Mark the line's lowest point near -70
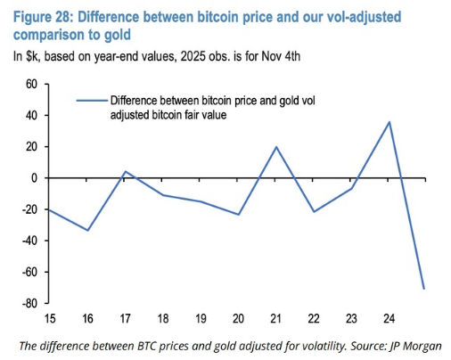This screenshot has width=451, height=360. point(424,288)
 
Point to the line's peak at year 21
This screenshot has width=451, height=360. point(275,147)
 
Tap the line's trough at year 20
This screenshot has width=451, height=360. point(238,214)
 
